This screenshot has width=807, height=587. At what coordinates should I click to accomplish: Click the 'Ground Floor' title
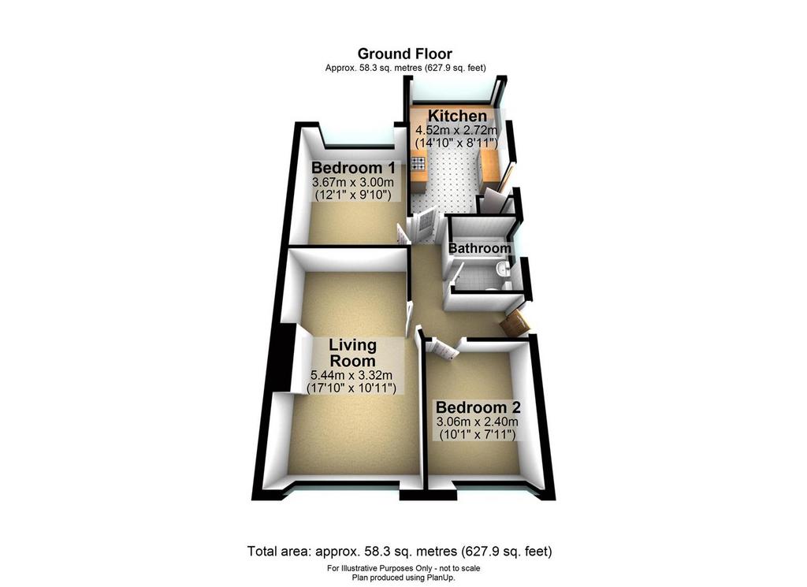click(404, 54)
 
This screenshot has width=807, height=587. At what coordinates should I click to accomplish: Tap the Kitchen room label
click(457, 116)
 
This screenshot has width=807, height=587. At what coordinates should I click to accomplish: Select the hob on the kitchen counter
click(418, 164)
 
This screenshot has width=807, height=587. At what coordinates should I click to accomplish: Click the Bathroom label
click(480, 248)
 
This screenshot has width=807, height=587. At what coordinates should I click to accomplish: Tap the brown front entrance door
click(515, 323)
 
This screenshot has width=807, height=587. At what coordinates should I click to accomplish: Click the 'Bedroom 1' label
click(353, 168)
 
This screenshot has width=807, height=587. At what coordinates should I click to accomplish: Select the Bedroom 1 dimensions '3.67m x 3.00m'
click(353, 182)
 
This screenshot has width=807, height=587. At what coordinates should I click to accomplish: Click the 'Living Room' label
click(352, 352)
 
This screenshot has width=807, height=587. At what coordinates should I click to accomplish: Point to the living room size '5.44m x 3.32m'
click(351, 375)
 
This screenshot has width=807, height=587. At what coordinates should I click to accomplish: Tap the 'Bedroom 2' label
click(478, 407)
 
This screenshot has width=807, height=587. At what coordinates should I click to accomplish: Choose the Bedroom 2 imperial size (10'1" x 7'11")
click(478, 435)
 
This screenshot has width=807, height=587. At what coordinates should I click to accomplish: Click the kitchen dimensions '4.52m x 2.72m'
click(457, 130)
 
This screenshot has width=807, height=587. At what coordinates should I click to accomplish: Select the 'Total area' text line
click(400, 552)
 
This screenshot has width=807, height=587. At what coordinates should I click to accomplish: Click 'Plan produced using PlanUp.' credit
click(403, 578)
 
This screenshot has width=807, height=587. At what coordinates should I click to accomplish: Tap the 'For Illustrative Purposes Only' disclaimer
click(403, 568)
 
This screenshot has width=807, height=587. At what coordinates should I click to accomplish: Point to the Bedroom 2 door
click(440, 348)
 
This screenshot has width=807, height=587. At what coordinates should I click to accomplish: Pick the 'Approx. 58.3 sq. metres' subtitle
click(406, 68)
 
